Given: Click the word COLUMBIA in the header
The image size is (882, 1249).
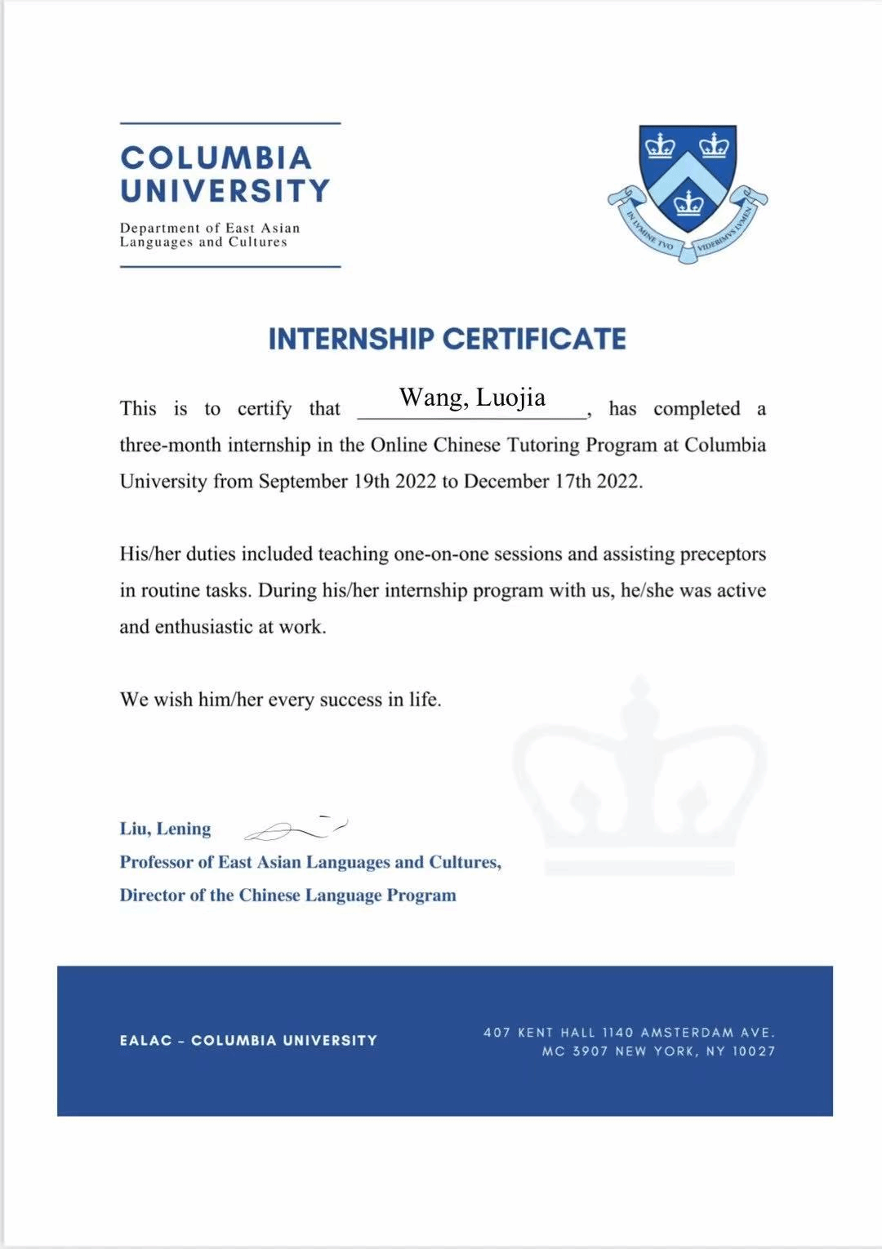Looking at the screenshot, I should (216, 158).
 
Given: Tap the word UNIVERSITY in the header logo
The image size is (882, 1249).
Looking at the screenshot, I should (225, 191).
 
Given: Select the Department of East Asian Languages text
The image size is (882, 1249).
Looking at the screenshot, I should (210, 235).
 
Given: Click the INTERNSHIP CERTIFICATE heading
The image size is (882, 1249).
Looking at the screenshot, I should (448, 339).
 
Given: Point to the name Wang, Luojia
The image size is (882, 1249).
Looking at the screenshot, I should (472, 398).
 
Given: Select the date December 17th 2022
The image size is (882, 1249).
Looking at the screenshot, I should (552, 482).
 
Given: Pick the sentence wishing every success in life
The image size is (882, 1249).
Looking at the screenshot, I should (280, 700).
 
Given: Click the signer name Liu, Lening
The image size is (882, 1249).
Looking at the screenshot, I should (165, 829).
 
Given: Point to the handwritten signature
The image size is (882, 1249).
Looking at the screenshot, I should (296, 829).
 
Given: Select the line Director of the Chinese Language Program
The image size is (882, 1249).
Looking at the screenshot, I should (287, 896).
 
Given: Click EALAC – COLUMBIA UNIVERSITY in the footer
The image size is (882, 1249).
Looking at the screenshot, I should (248, 1041).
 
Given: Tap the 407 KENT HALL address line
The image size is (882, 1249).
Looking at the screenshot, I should (629, 1033).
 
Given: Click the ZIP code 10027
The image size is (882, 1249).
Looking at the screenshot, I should (753, 1051).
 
